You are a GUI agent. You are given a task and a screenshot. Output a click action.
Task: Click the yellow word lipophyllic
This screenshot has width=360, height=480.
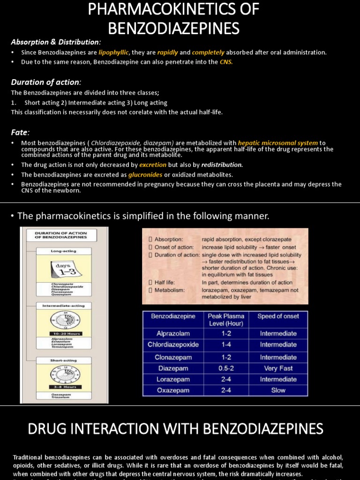[113, 52]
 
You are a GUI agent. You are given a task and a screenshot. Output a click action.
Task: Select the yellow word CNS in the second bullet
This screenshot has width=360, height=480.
[226, 62]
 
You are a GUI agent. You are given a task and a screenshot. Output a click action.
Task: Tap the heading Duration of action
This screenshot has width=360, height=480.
[46, 82]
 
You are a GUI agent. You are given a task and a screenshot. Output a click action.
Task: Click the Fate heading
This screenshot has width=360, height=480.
[20, 132]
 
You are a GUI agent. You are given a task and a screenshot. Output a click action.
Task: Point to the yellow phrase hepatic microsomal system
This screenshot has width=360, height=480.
[277, 143]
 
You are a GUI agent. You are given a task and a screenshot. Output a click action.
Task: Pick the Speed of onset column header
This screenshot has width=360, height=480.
[278, 316]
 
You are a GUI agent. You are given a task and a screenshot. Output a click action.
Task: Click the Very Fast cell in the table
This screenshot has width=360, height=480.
[278, 368]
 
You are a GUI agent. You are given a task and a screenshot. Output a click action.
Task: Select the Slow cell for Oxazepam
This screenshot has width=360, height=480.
[278, 390]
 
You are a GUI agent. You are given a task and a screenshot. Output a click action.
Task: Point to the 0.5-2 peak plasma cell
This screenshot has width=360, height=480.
[225, 368]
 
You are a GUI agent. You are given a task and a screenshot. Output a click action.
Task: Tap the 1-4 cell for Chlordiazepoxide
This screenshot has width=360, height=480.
[225, 345]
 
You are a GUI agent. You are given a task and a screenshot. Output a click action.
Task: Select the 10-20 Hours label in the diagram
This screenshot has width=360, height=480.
[64, 334]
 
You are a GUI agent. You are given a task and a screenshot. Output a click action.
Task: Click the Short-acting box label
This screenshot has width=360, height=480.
[64, 360]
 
